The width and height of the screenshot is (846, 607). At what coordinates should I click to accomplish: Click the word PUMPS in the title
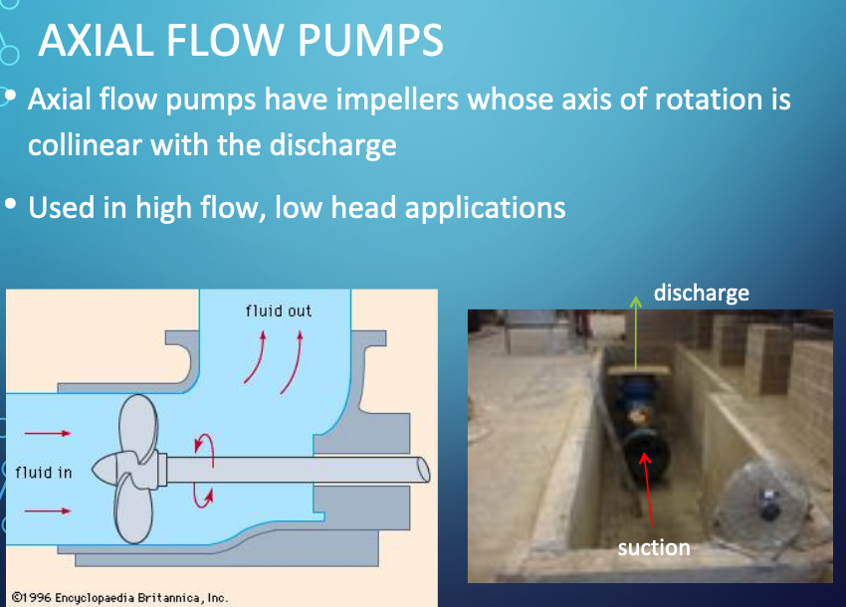(x=370, y=40)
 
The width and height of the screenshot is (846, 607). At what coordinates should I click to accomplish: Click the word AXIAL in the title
(x=96, y=40)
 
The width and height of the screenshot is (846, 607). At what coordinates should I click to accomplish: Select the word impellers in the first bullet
(x=397, y=101)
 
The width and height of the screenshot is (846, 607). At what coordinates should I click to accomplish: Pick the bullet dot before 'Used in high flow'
(x=10, y=204)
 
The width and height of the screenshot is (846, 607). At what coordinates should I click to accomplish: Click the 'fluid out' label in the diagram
(x=279, y=310)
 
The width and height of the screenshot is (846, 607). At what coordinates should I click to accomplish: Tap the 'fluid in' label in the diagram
(x=44, y=473)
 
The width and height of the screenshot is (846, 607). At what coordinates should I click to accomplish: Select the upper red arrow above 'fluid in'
(x=48, y=433)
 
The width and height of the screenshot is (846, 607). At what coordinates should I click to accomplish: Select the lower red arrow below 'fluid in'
(x=48, y=510)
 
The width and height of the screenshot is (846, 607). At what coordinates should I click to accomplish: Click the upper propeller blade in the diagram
(x=138, y=427)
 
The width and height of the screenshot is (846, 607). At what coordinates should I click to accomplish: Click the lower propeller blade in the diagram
(x=132, y=508)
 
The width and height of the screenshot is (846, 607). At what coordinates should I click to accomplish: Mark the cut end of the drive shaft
(x=424, y=470)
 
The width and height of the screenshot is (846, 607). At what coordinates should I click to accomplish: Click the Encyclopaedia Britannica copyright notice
(x=119, y=598)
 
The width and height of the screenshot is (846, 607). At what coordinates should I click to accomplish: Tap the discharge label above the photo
(x=702, y=293)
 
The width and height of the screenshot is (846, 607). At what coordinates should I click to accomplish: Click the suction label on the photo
(x=654, y=547)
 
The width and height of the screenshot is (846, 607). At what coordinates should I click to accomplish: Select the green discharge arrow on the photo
(x=636, y=332)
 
